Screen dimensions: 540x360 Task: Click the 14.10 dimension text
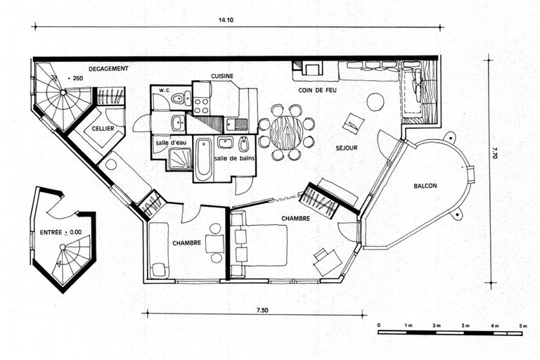pyautogui.click(x=226, y=20)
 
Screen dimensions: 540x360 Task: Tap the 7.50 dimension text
pyautogui.click(x=262, y=310)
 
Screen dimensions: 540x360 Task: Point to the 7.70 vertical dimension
pyautogui.click(x=494, y=153)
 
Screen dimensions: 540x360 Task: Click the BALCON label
pyautogui.click(x=425, y=186)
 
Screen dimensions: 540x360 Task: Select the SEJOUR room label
pyautogui.click(x=347, y=148)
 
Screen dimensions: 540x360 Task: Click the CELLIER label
pyautogui.click(x=103, y=129)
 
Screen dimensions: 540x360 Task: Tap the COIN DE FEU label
pyautogui.click(x=317, y=90)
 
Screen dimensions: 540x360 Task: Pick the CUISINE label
pyautogui.click(x=222, y=76)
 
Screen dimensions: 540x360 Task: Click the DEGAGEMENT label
pyautogui.click(x=108, y=69)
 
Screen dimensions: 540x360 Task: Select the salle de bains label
pyautogui.click(x=234, y=158)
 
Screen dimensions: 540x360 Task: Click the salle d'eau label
pyautogui.click(x=167, y=143)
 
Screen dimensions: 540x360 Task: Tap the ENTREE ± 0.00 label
pyautogui.click(x=60, y=233)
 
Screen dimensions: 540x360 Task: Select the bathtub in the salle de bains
pyautogui.click(x=203, y=159)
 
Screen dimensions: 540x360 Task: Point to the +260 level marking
pyautogui.click(x=75, y=78)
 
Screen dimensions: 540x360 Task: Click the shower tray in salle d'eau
pyautogui.click(x=180, y=159)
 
